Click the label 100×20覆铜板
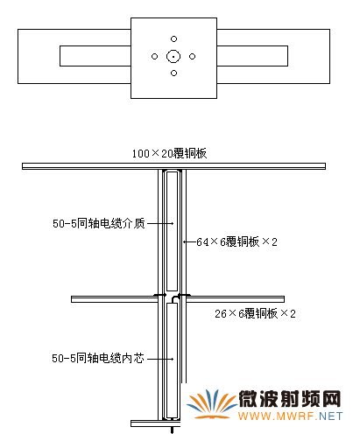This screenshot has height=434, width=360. click(x=169, y=153)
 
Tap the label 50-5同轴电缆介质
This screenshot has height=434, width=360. click(x=99, y=224)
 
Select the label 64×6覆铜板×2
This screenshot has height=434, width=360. click(x=236, y=241)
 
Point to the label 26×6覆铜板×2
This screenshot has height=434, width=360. click(x=255, y=313)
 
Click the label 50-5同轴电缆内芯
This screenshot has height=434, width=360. click(x=98, y=358)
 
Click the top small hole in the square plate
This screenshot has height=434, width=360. click(x=173, y=38)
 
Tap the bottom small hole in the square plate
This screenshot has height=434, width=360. click(x=173, y=73)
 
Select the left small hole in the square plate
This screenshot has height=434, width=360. click(x=155, y=56)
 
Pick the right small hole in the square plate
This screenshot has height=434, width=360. click(x=192, y=56)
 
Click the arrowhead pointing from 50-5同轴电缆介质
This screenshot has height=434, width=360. click(x=173, y=223)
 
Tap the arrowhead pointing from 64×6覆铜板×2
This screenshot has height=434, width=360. click(x=185, y=241)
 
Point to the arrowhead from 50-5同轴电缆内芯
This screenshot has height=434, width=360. click(x=173, y=359)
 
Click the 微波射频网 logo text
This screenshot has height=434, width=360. click(x=290, y=399)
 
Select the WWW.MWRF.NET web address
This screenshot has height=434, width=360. click(x=290, y=416)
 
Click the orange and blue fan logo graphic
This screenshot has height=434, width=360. click(x=211, y=404)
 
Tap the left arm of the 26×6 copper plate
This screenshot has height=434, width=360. click(x=115, y=299)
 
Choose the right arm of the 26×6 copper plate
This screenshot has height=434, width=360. click(x=235, y=299)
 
